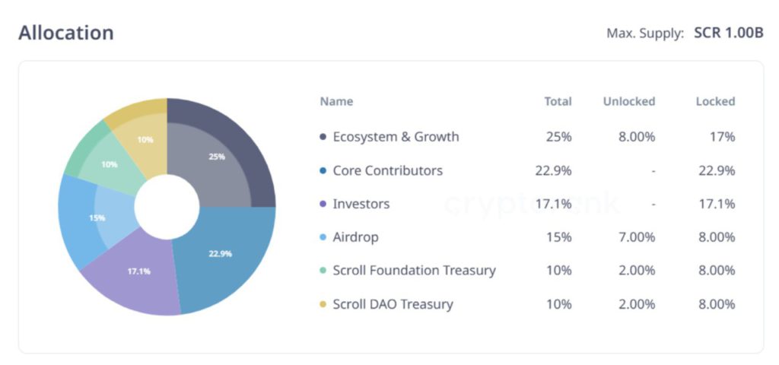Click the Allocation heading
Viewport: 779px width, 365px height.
[66, 33]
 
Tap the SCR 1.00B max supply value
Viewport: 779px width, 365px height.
[728, 33]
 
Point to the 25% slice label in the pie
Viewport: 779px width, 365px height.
[217, 157]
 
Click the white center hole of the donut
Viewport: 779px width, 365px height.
[167, 206]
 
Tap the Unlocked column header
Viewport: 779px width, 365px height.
[628, 101]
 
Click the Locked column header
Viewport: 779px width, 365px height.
[715, 101]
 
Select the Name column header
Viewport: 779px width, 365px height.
[336, 101]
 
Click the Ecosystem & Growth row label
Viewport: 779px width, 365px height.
[396, 137]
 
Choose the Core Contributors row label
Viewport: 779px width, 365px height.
[387, 170]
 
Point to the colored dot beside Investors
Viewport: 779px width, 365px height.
[323, 204]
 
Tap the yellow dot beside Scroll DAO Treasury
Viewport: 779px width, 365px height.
[323, 304]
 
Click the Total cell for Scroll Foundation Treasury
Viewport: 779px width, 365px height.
[558, 271]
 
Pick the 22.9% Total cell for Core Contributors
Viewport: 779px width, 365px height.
[553, 170]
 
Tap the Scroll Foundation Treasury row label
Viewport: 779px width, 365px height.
[414, 271]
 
